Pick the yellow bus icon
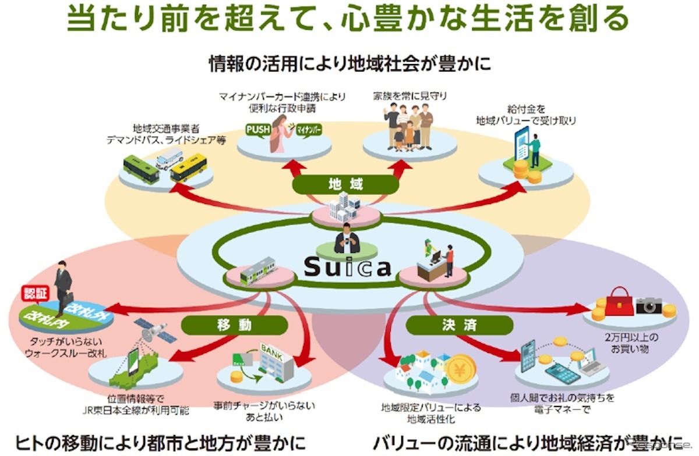click(188, 167)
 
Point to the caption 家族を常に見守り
click(411, 95)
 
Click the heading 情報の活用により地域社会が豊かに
click(349, 63)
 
